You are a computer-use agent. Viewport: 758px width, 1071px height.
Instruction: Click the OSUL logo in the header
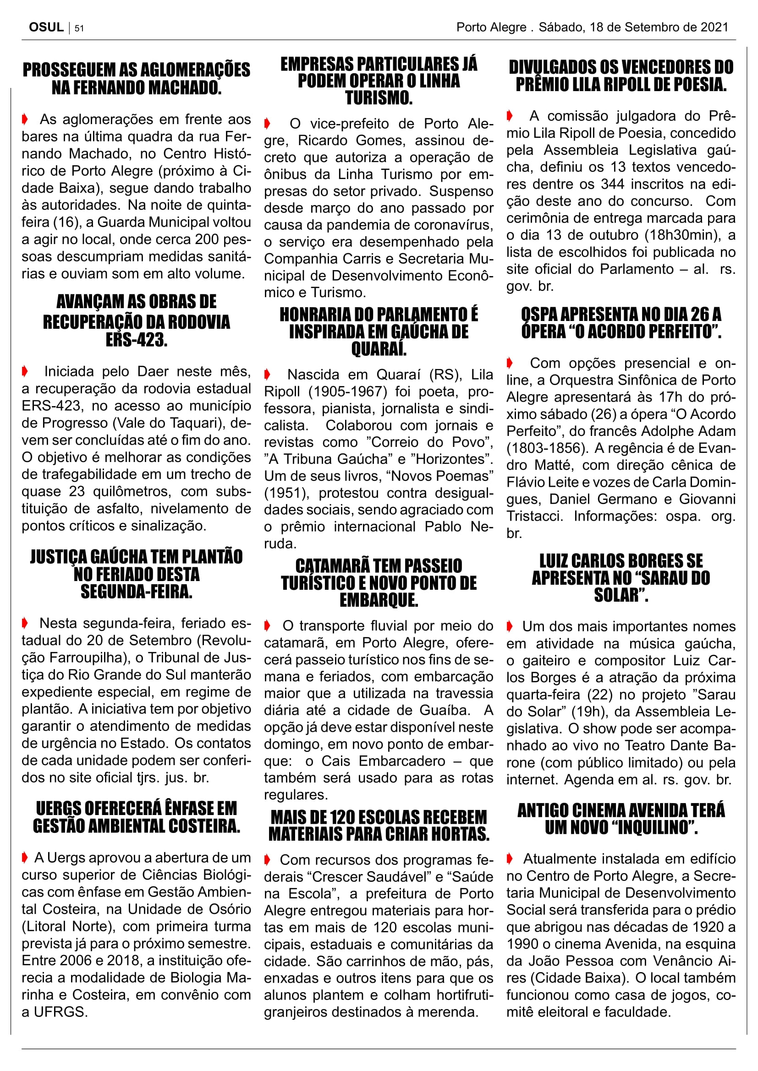pos(46,27)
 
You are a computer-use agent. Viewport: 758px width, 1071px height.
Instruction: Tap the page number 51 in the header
pos(79,28)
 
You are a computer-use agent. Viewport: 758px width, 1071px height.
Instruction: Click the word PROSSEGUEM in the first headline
pos(70,70)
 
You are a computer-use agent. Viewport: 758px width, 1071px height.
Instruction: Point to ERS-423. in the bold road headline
pos(136,340)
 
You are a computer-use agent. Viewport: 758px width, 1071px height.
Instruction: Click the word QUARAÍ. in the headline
pos(379,348)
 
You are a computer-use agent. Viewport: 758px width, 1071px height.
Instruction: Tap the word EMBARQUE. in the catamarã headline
pos(379,600)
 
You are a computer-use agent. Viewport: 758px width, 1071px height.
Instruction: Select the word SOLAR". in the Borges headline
pos(621,595)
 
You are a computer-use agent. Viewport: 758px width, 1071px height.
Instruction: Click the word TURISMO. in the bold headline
pos(379,98)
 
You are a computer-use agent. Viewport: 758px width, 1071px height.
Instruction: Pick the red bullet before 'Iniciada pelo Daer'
pos(25,371)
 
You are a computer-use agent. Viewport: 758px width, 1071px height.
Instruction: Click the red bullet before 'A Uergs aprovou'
pos(25,857)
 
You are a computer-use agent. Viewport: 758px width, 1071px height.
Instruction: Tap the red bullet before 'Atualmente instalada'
pos(510,858)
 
